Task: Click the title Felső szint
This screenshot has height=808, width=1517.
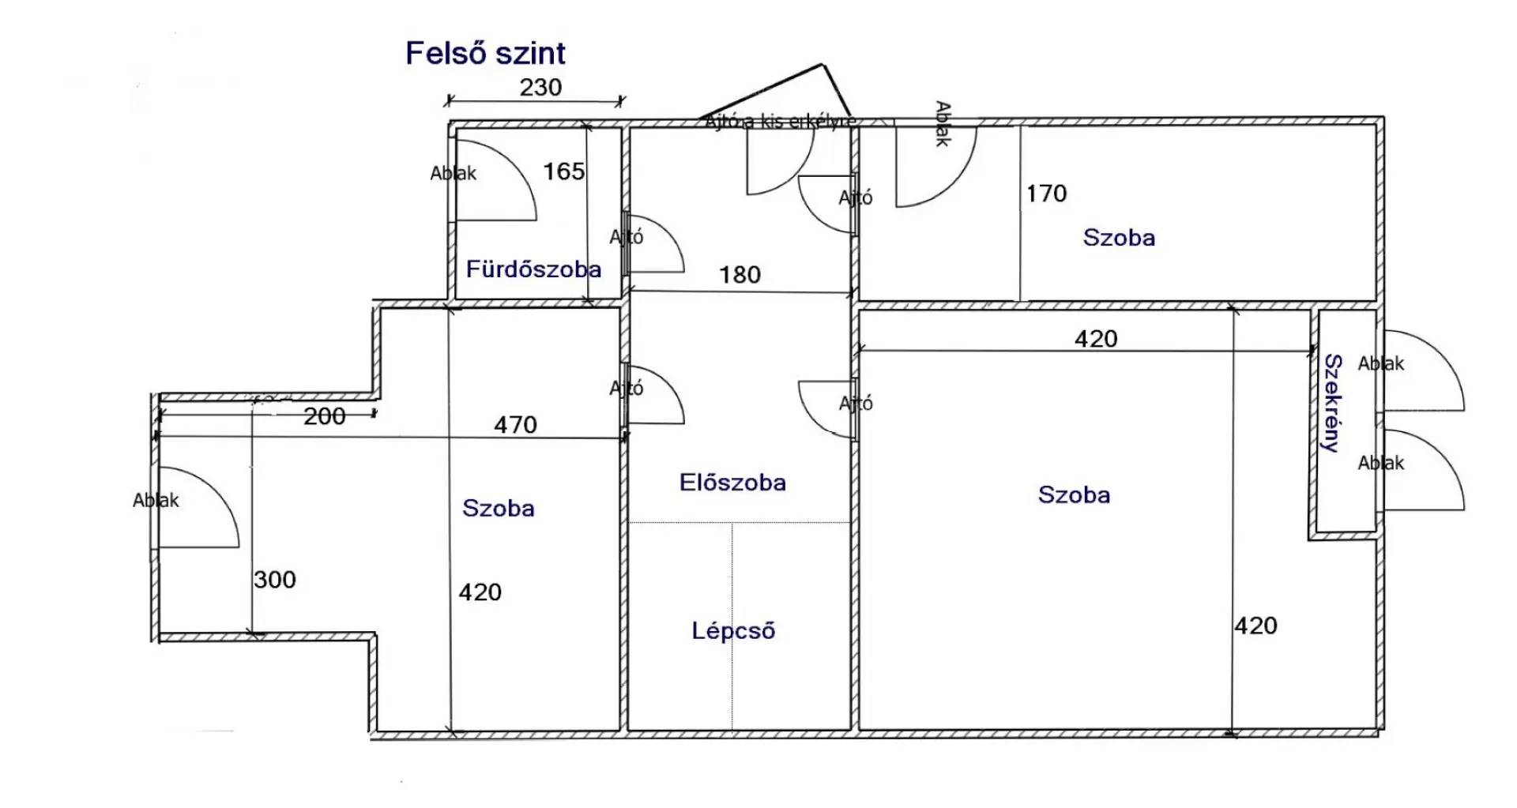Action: click(485, 54)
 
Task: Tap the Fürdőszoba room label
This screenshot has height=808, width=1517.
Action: click(533, 269)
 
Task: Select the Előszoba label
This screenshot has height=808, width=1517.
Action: click(732, 483)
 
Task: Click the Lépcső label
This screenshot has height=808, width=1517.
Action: click(733, 630)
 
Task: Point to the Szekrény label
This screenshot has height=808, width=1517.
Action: click(1333, 403)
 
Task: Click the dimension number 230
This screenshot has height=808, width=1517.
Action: click(540, 87)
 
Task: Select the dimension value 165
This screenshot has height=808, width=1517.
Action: click(564, 171)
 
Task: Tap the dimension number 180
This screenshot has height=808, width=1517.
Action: click(740, 275)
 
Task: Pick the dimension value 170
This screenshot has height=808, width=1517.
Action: click(1046, 194)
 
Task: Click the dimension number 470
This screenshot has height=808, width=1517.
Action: click(515, 425)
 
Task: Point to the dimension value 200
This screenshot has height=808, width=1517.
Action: click(324, 416)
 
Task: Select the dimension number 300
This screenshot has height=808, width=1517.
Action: click(275, 580)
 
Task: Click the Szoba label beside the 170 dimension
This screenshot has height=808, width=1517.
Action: click(1119, 238)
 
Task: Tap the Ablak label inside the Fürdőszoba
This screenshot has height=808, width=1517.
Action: click(453, 173)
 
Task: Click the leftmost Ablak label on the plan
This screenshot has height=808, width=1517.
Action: click(156, 500)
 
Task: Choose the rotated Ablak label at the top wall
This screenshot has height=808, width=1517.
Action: click(942, 124)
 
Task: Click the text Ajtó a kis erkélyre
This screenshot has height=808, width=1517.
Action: click(780, 122)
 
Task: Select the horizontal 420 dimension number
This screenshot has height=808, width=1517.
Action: click(1096, 339)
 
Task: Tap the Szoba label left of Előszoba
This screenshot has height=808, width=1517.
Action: click(498, 508)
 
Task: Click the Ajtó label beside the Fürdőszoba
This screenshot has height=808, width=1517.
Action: click(627, 236)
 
